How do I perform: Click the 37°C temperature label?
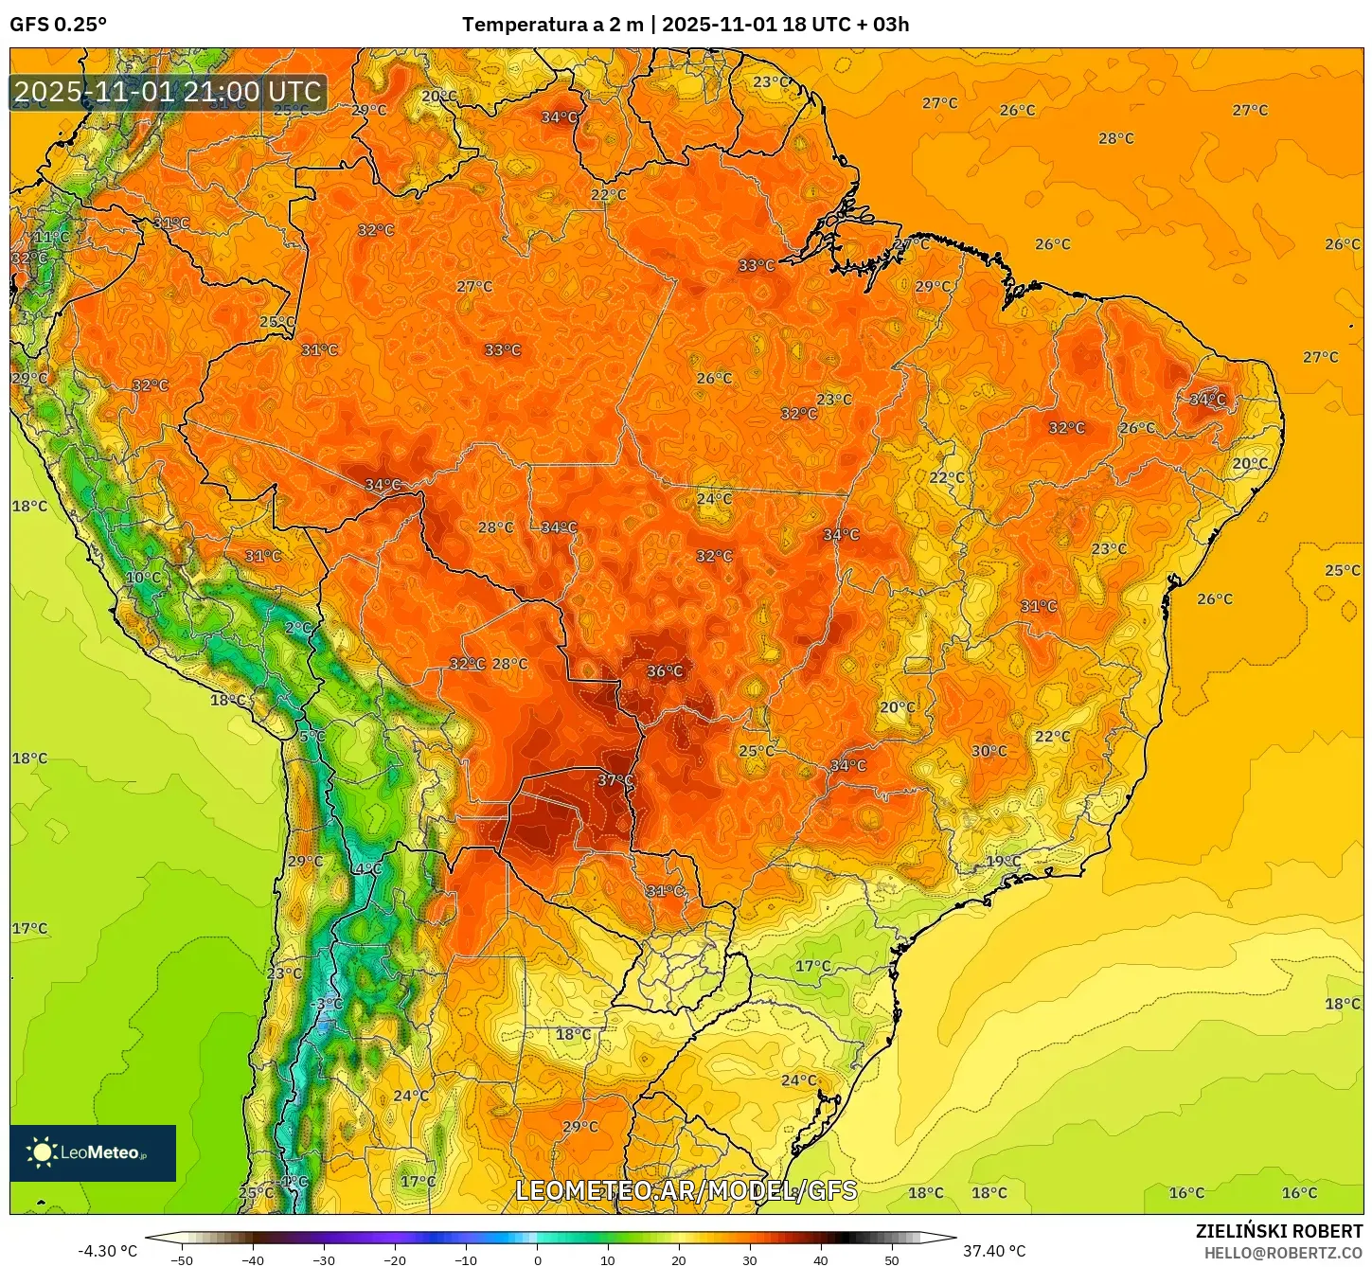(615, 780)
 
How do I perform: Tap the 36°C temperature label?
(665, 671)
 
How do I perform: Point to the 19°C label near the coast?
(1004, 862)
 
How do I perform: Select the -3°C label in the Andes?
(328, 1004)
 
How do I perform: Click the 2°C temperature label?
(298, 628)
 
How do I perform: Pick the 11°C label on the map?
(51, 237)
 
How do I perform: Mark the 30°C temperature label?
(989, 751)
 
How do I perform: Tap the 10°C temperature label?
(143, 578)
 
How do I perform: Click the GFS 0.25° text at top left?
(58, 25)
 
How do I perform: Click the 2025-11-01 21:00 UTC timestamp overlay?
(168, 92)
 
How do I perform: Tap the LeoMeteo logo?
(93, 1152)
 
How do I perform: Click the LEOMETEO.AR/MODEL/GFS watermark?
(686, 1190)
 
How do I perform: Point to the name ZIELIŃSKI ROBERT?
(1278, 1231)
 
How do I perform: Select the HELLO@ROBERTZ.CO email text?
(1283, 1253)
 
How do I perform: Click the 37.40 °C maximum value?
(994, 1251)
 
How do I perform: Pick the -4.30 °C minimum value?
(107, 1251)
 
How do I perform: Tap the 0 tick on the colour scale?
(537, 1260)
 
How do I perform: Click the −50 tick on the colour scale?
(181, 1260)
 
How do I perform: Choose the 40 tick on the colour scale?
(820, 1260)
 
